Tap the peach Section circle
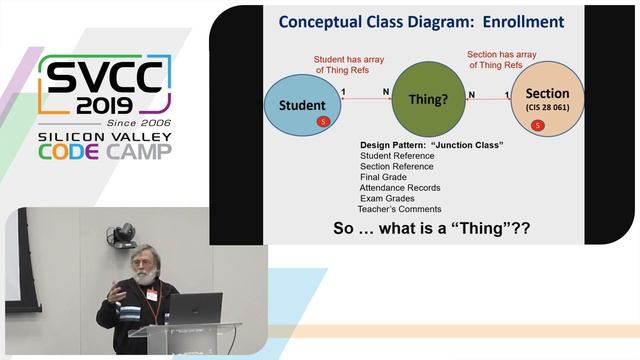coord(545,100)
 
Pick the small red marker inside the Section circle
coord(539,125)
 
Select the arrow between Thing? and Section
coord(490,99)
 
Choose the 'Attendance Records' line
coord(400,187)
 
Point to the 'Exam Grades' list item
coord(387,198)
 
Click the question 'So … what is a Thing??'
coord(431,229)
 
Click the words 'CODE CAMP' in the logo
coord(105,151)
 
